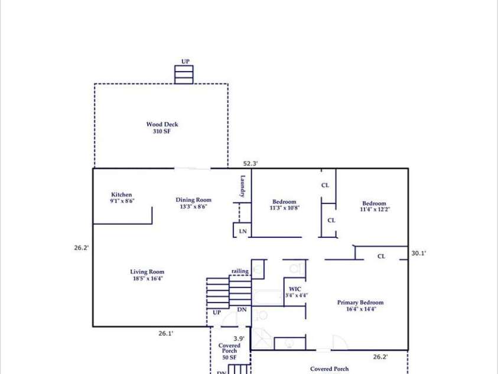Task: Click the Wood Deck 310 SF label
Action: [162, 128]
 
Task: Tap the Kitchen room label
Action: [122, 198]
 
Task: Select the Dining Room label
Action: [193, 203]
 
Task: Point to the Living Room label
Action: [147, 275]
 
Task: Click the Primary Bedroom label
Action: [360, 305]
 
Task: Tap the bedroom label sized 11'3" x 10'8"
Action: [284, 205]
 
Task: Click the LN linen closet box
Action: [242, 231]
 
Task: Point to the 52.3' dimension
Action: [251, 163]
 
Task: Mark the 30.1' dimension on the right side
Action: [419, 253]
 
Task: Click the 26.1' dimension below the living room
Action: [165, 334]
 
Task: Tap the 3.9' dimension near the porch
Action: [239, 338]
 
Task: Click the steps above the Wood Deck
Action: [184, 75]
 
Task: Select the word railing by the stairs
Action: [240, 271]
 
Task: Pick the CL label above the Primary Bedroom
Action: [381, 256]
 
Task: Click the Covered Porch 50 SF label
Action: [229, 352]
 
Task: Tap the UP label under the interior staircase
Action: [217, 312]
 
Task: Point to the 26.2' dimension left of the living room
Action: [82, 248]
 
